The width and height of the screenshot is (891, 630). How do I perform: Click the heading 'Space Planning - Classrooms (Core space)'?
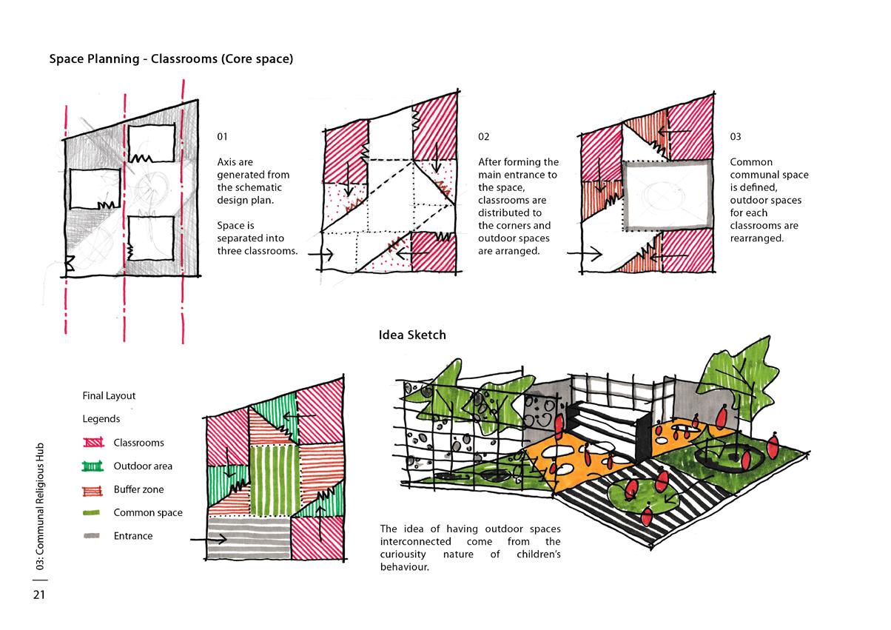[x=171, y=59]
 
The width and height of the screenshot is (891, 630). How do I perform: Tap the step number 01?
[x=223, y=137]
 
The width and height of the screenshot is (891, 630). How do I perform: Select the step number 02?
[x=484, y=137]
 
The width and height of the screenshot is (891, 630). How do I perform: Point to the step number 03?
[x=736, y=137]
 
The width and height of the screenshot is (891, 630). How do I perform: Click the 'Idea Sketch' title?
[x=412, y=335]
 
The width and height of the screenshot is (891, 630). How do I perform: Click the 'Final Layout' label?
[x=109, y=396]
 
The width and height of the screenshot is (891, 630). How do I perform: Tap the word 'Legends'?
[x=101, y=419]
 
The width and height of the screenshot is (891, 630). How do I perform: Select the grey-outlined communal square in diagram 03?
[x=668, y=195]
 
